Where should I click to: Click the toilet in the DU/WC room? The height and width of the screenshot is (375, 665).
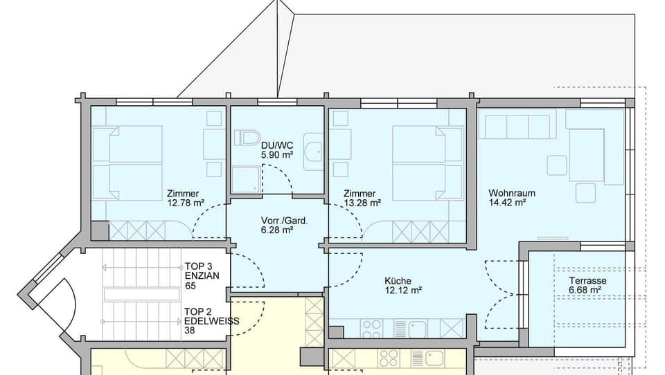point(247,138)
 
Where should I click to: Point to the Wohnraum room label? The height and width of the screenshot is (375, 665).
point(512,193)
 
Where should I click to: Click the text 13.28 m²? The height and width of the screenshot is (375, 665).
point(363,203)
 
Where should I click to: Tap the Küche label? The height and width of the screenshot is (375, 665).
point(398,281)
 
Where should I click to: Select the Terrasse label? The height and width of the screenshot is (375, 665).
point(587,281)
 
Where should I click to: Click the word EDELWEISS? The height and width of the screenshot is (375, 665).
point(212,321)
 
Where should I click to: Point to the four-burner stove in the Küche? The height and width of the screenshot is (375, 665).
point(372,327)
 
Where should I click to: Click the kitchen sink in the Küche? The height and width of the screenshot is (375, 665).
point(418,328)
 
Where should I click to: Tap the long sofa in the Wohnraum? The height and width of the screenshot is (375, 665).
point(517,127)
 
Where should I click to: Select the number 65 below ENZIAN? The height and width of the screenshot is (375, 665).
point(190,286)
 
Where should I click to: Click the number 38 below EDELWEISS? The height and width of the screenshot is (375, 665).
point(190,331)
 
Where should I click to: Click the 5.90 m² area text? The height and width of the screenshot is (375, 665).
point(277,154)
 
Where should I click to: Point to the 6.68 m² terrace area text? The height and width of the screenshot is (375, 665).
point(585,291)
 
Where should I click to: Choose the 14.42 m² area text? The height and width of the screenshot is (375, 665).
point(507,203)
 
